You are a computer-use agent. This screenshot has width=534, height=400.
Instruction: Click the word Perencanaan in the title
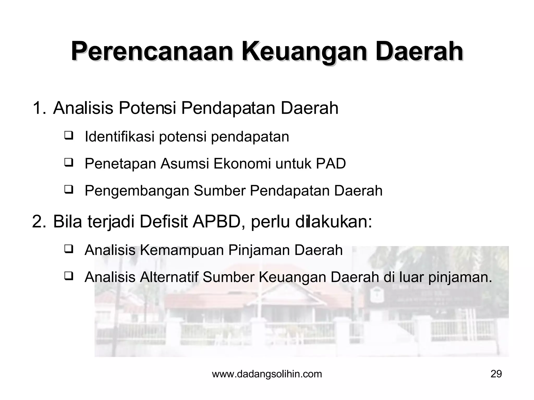[x=152, y=52]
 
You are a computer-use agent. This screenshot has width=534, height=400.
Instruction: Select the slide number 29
[x=496, y=374]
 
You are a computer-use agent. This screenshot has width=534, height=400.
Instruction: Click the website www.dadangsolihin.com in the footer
[x=267, y=374]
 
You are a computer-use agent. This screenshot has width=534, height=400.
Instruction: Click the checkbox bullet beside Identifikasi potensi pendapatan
[x=68, y=136]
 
